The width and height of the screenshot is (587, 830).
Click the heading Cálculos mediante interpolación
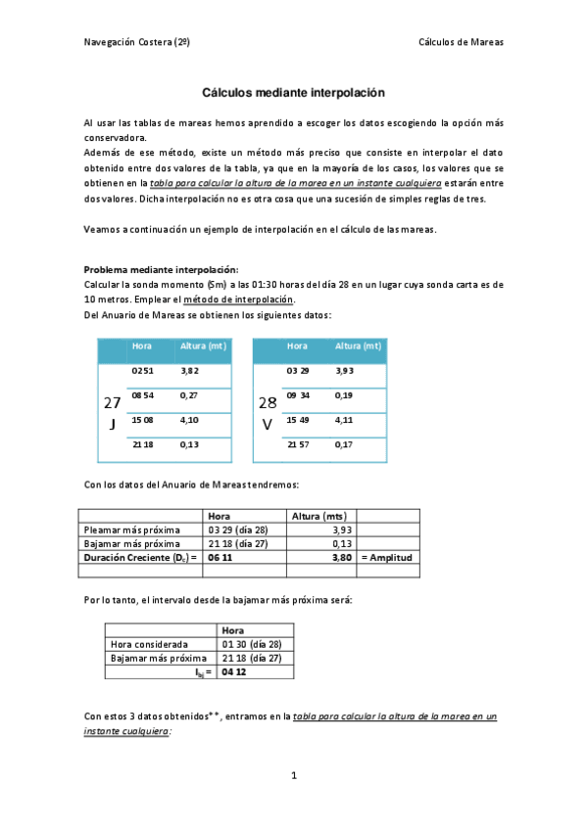point(293,93)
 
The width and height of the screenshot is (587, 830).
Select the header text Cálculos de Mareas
point(461,42)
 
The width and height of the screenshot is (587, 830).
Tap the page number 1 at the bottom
point(293,775)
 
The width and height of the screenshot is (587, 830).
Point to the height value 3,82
point(190,372)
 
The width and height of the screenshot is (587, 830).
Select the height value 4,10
point(190,420)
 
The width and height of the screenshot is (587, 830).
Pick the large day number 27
point(113,403)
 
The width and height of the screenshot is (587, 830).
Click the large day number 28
point(268,403)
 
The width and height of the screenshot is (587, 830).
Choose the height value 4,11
point(344,420)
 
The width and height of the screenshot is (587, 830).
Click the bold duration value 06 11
point(221,556)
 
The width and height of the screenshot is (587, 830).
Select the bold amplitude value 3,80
point(341,556)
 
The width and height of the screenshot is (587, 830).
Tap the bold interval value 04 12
point(233,672)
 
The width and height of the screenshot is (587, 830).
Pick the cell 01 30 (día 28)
point(252,645)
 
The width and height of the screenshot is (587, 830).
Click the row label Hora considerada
point(149,645)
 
